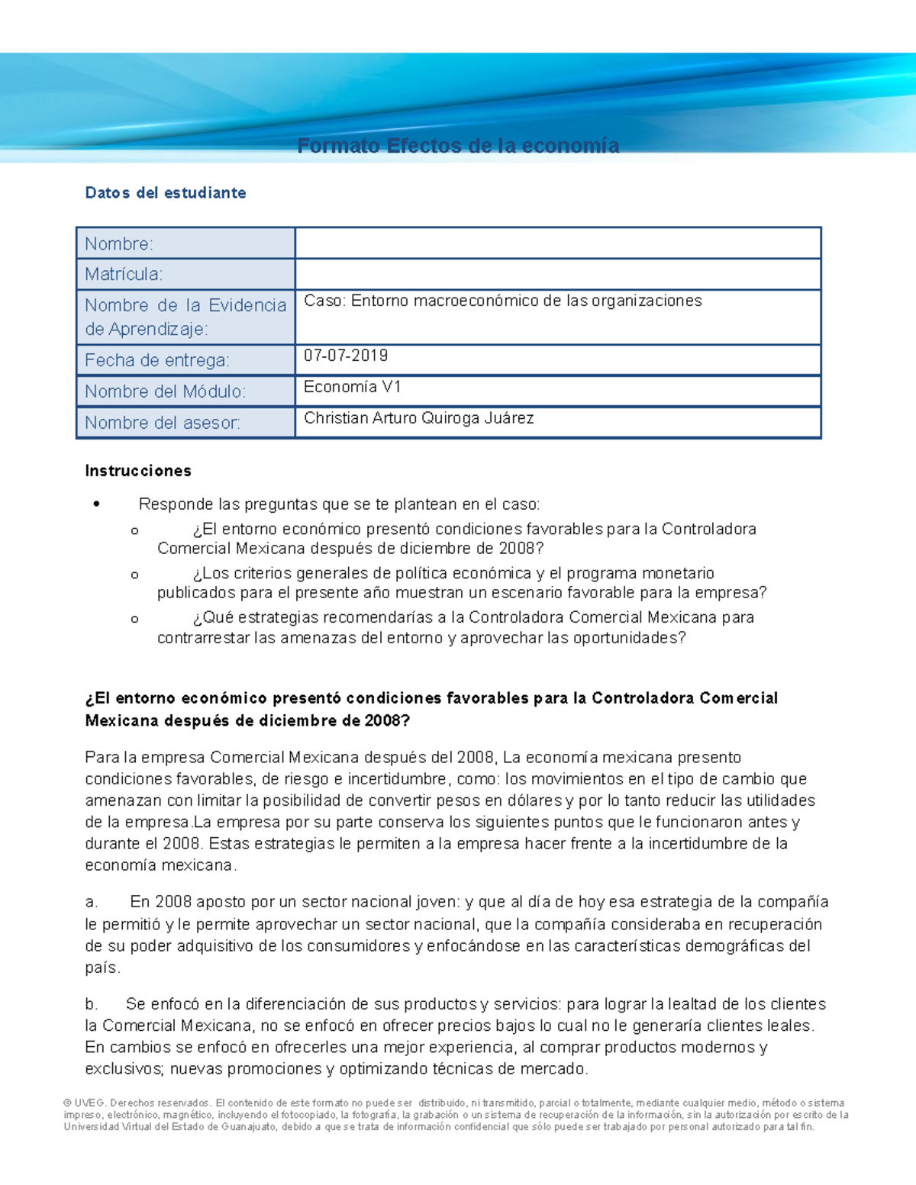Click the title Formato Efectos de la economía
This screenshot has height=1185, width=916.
click(x=458, y=146)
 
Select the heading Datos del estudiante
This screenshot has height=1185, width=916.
click(x=166, y=193)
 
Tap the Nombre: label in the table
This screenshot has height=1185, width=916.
click(x=119, y=244)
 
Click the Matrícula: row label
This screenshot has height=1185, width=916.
click(x=124, y=275)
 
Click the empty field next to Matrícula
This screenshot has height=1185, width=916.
click(x=557, y=275)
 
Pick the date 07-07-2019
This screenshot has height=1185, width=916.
click(x=346, y=356)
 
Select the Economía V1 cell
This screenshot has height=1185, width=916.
click(x=352, y=387)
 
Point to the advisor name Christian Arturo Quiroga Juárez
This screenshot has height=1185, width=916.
click(x=418, y=418)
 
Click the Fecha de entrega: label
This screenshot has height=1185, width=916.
click(x=156, y=360)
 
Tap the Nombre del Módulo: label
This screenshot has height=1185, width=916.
click(x=165, y=391)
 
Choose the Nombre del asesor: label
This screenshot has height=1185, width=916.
click(x=162, y=423)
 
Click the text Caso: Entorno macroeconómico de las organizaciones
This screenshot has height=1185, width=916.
click(x=502, y=301)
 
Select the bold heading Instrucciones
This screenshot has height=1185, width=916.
click(x=138, y=471)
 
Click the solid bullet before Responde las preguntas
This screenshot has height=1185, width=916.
click(x=96, y=504)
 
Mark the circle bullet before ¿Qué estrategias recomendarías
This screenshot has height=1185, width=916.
click(x=135, y=619)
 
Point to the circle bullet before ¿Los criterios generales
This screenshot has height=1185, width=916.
click(x=135, y=575)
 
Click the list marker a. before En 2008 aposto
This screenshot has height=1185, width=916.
click(x=92, y=903)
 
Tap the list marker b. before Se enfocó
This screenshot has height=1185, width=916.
click(x=92, y=1004)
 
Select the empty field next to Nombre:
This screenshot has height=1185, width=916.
click(x=557, y=243)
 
